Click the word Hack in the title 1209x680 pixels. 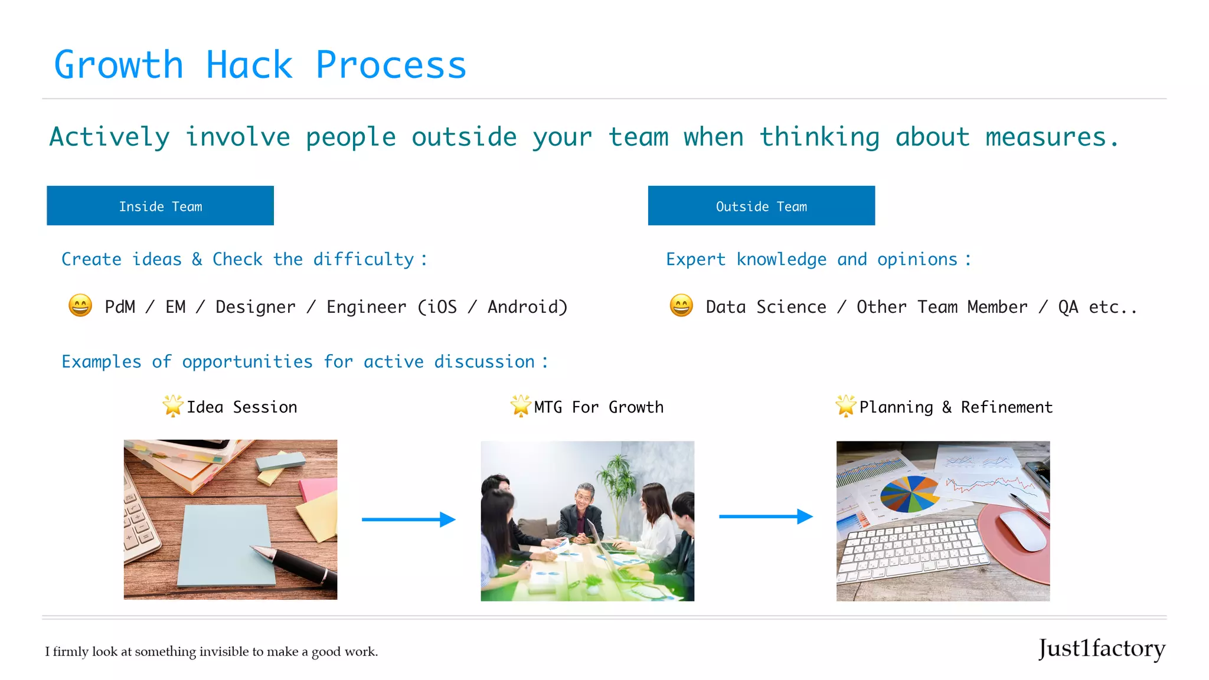pos(249,65)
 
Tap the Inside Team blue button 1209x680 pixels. pos(160,206)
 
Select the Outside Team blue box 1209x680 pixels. pos(761,206)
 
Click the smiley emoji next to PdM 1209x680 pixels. pos(80,306)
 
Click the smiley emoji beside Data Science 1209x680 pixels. pos(681,306)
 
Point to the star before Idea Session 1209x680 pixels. pos(173,406)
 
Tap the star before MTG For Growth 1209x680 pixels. pos(521,406)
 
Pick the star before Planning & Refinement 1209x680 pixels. pos(845,406)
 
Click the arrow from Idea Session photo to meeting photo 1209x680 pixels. pos(409,519)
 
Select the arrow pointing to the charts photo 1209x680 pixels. pos(766,516)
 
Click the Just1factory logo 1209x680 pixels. pos(1102,649)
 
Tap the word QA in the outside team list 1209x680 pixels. pos(1068,307)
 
